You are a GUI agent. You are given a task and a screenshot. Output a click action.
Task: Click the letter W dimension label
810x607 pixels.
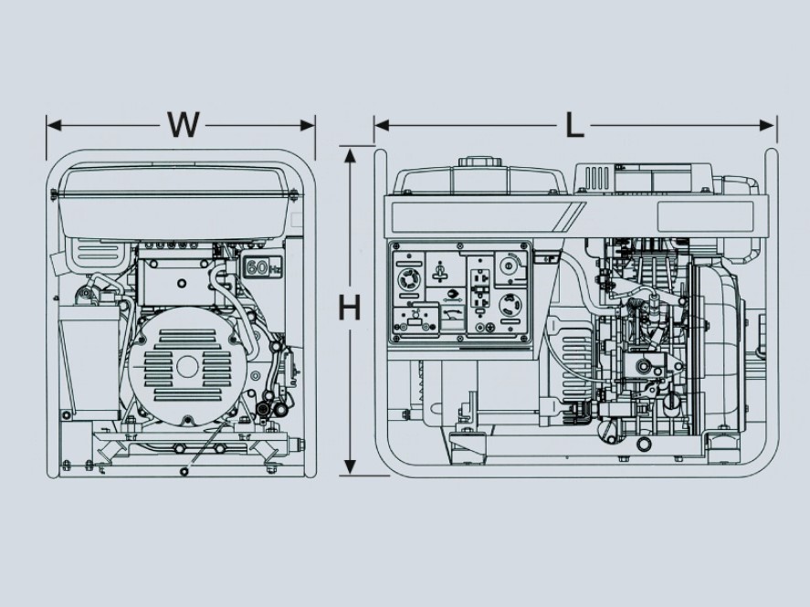[183, 125]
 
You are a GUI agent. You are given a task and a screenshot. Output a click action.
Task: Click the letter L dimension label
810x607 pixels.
[573, 125]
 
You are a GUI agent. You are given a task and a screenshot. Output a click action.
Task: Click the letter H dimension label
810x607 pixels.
[349, 308]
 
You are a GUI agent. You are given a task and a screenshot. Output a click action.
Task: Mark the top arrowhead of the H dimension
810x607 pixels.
[349, 152]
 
